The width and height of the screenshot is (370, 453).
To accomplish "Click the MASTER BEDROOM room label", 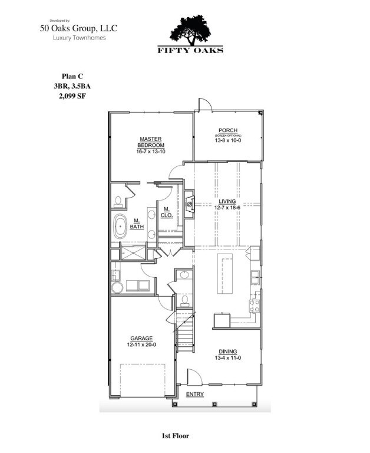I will (151, 142).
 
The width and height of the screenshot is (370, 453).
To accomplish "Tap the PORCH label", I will (227, 130).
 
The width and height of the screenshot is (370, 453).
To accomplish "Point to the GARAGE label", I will (140, 339).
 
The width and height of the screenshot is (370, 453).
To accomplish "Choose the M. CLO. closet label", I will (167, 212).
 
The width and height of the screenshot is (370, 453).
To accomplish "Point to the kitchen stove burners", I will (255, 306).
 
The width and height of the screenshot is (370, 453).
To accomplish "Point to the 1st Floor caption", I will (175, 436).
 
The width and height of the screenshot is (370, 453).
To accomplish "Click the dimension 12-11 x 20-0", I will (140, 345).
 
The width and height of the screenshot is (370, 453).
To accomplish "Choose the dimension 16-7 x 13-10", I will (151, 152).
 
